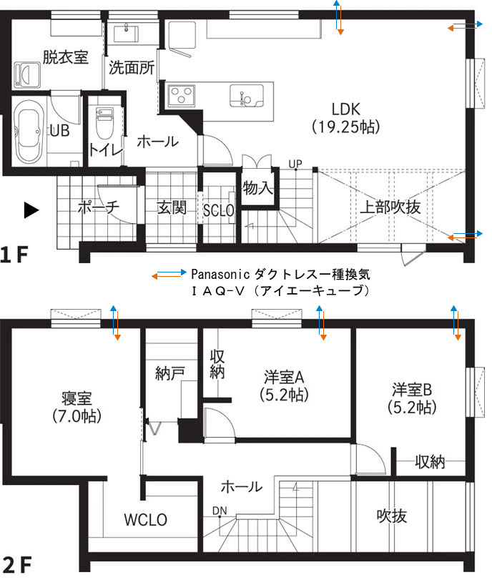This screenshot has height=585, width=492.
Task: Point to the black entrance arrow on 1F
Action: click(x=30, y=210)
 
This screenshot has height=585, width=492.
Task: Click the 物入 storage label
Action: click(x=257, y=189)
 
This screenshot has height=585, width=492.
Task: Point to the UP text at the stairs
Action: click(x=295, y=164)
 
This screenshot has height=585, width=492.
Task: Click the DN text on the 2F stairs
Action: click(x=219, y=511)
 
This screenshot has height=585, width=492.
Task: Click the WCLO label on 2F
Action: click(x=145, y=520)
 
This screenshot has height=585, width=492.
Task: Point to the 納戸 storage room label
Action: click(x=171, y=373)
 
